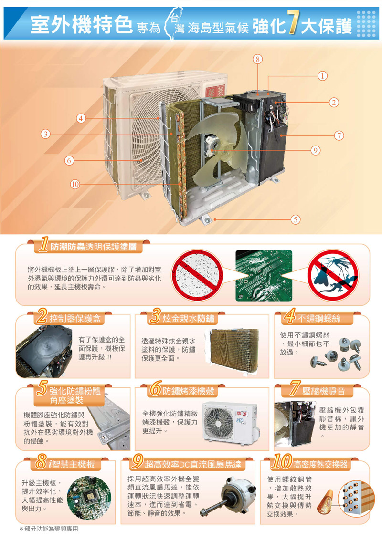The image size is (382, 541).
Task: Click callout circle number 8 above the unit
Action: point(257,59)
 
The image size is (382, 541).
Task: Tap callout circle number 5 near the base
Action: point(295,219)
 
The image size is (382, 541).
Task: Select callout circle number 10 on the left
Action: point(75,184)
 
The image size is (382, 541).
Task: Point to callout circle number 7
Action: point(339,135)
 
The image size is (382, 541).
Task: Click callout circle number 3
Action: point(45,134)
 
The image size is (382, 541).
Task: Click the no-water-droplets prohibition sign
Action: point(198,275)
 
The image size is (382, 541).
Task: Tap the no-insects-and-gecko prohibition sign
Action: point(333,275)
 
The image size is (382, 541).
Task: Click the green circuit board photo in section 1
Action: point(264,275)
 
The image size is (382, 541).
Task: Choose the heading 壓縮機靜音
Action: point(324,391)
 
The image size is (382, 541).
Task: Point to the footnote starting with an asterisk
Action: point(49,529)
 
